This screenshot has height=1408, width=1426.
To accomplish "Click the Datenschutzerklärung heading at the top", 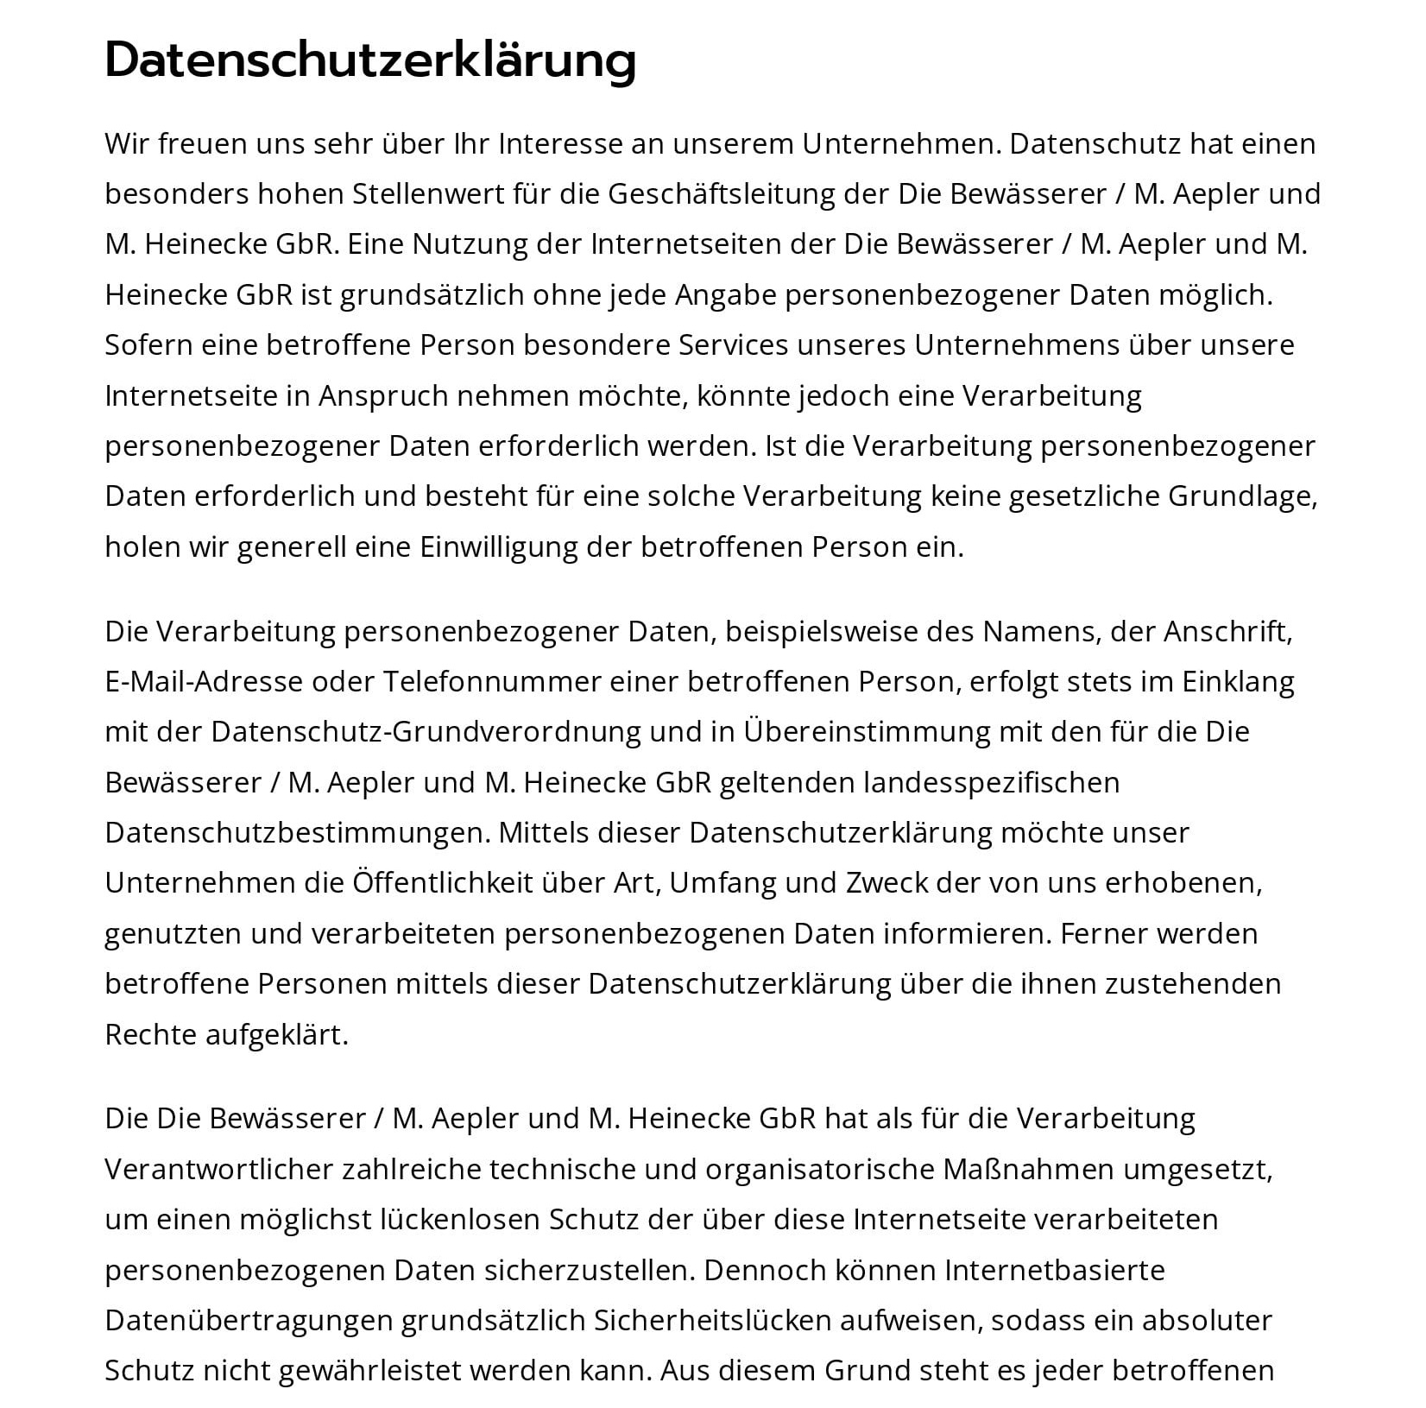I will (370, 60).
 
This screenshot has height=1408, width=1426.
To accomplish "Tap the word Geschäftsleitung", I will (722, 194).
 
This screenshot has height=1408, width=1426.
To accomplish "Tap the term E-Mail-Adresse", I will (204, 682).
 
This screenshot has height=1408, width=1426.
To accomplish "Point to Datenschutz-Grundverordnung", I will (426, 732).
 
